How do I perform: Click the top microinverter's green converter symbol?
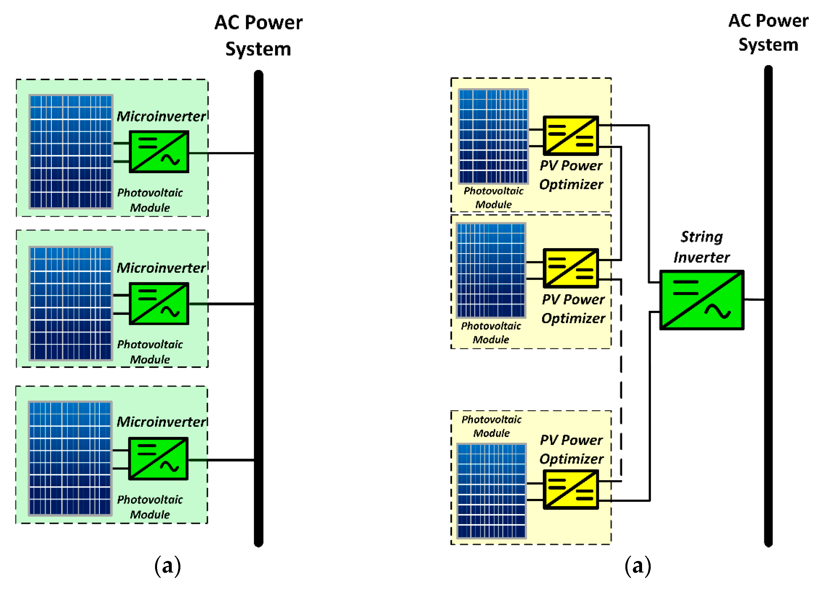pyautogui.click(x=159, y=152)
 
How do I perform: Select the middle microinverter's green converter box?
pyautogui.click(x=159, y=304)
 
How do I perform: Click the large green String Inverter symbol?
pyautogui.click(x=702, y=300)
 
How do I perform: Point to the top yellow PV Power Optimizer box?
pyautogui.click(x=571, y=136)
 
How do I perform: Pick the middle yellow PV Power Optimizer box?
pyautogui.click(x=571, y=268)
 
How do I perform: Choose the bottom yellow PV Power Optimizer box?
pyautogui.click(x=571, y=489)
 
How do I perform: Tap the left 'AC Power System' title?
pyautogui.click(x=258, y=35)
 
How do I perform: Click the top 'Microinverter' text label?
pyautogui.click(x=161, y=116)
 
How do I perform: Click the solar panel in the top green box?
pyautogui.click(x=71, y=152)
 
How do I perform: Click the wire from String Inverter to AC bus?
pyautogui.click(x=754, y=300)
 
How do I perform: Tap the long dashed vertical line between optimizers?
pyautogui.click(x=621, y=379)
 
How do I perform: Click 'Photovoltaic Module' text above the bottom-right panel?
pyautogui.click(x=491, y=426)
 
